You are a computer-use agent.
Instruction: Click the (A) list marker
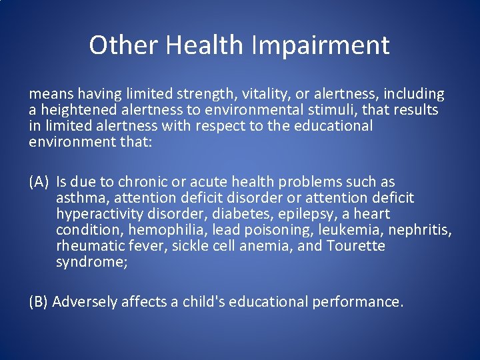39,182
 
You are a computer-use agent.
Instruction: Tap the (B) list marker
39,302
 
